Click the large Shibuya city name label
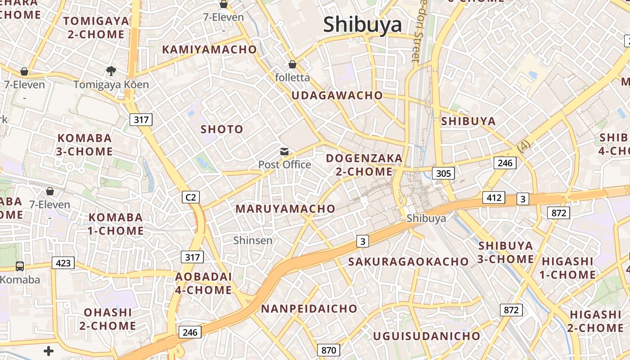click(362, 24)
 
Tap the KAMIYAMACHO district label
click(209, 49)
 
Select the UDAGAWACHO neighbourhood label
click(337, 95)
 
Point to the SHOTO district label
click(222, 130)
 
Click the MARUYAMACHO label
click(285, 209)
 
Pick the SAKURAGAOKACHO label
click(409, 261)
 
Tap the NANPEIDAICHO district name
click(309, 309)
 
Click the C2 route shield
click(191, 197)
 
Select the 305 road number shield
click(443, 173)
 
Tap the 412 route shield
click(494, 197)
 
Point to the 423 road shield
click(63, 262)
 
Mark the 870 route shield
click(328, 350)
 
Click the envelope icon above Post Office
click(284, 152)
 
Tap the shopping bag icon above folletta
click(292, 64)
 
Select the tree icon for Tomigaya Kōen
click(111, 71)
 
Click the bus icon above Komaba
click(20, 266)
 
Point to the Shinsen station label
click(253, 240)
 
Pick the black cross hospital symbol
click(49, 351)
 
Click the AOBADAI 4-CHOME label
click(204, 283)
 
